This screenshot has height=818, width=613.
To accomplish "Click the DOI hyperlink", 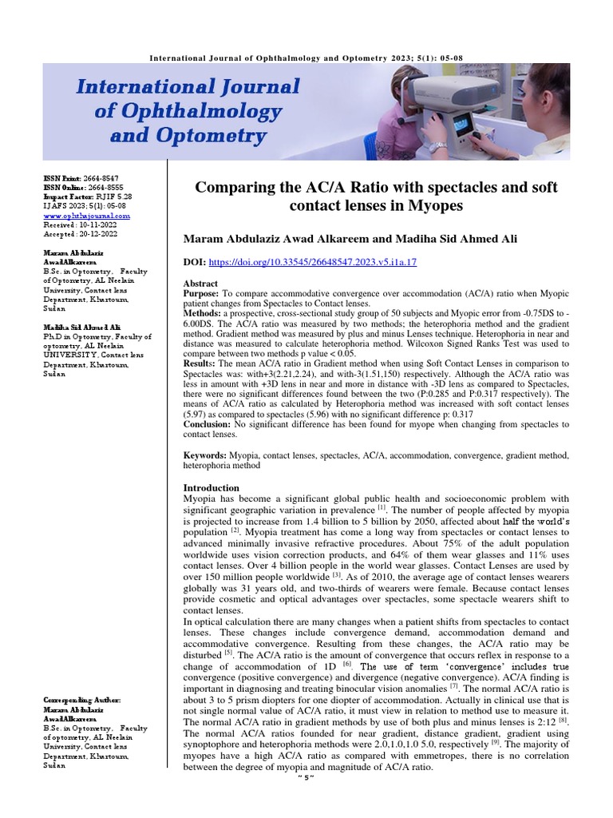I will (x=313, y=262).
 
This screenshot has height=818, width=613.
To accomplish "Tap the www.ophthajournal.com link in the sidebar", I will (x=86, y=216).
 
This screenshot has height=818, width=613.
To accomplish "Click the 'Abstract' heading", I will (x=200, y=284).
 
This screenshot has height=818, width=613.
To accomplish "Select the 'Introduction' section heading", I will (x=211, y=487).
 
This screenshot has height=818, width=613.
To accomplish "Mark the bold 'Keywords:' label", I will (x=205, y=455).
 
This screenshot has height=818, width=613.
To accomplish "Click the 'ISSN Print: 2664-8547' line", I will (x=80, y=177).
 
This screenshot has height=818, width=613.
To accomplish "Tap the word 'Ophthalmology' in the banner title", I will (x=188, y=111).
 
